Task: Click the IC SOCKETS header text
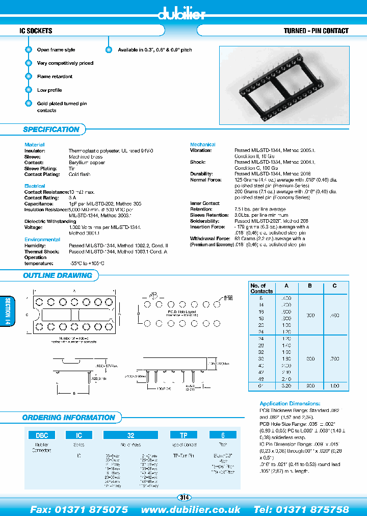(36, 31)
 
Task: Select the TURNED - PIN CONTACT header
(316, 31)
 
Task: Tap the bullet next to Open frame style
(29, 50)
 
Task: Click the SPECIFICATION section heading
(51, 130)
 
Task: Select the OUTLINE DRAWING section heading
(58, 275)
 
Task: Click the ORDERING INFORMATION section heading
(69, 418)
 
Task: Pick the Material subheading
(35, 145)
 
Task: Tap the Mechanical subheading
(203, 145)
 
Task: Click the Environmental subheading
(42, 239)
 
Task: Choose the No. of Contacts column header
(261, 288)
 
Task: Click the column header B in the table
(310, 286)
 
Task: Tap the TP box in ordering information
(184, 435)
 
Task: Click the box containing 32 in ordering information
(131, 435)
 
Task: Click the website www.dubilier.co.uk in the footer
(191, 509)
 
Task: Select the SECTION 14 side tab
(7, 313)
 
